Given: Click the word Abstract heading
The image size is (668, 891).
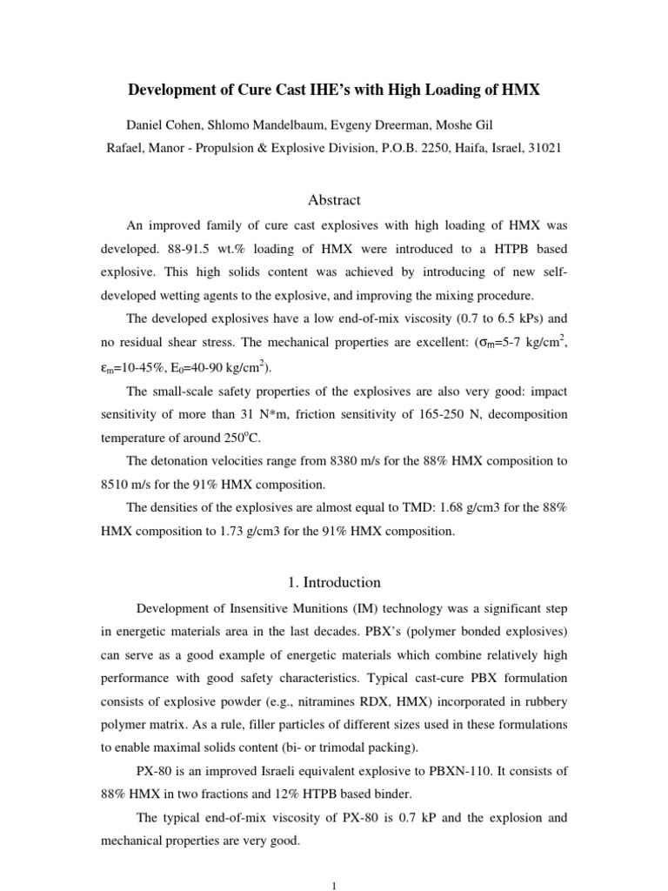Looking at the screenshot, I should [334, 200].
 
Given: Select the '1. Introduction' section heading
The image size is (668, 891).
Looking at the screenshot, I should [334, 582].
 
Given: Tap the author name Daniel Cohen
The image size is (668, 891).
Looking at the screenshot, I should [166, 124].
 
